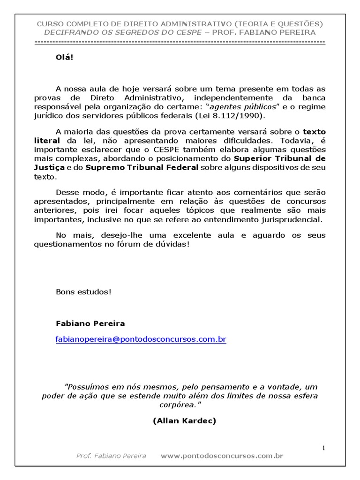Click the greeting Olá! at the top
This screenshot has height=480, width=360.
pos(65,58)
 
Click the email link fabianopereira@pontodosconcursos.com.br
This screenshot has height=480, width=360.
pos(141,339)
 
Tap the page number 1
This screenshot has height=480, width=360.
pos(323,448)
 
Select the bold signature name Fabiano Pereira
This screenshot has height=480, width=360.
pos(90,323)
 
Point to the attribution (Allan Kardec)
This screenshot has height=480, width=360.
pos(184,420)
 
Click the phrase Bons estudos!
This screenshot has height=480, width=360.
pos(84,292)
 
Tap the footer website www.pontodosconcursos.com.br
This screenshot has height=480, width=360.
pos(222,456)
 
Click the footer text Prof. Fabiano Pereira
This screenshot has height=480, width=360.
pos(111,456)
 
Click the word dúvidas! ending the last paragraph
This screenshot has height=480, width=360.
pos(174,244)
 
